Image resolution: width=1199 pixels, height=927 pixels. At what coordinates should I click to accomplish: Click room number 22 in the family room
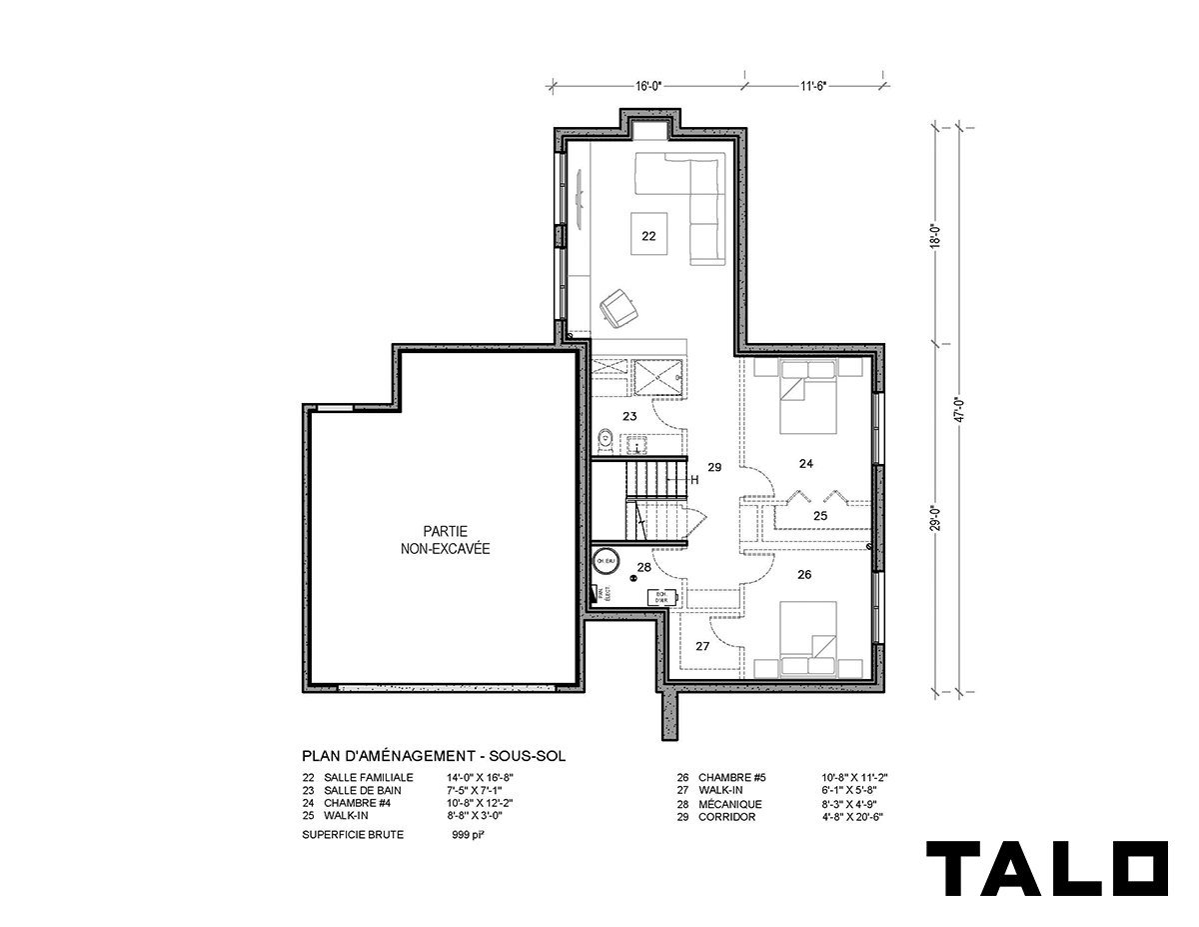(648, 237)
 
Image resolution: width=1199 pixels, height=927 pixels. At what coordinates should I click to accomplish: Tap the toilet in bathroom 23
(604, 439)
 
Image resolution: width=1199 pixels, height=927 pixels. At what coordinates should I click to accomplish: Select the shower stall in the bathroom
(660, 375)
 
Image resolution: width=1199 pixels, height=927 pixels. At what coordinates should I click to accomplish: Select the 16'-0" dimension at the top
(650, 87)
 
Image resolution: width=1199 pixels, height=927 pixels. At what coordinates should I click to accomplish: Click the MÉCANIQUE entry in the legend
(730, 804)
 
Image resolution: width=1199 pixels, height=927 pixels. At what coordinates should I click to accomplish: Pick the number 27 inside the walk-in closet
(702, 647)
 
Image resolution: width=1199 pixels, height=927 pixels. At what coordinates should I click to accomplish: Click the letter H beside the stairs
(692, 479)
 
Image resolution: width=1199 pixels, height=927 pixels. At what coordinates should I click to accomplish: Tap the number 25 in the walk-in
(819, 516)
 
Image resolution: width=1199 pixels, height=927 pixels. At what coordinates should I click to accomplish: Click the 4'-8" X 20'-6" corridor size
(851, 817)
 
